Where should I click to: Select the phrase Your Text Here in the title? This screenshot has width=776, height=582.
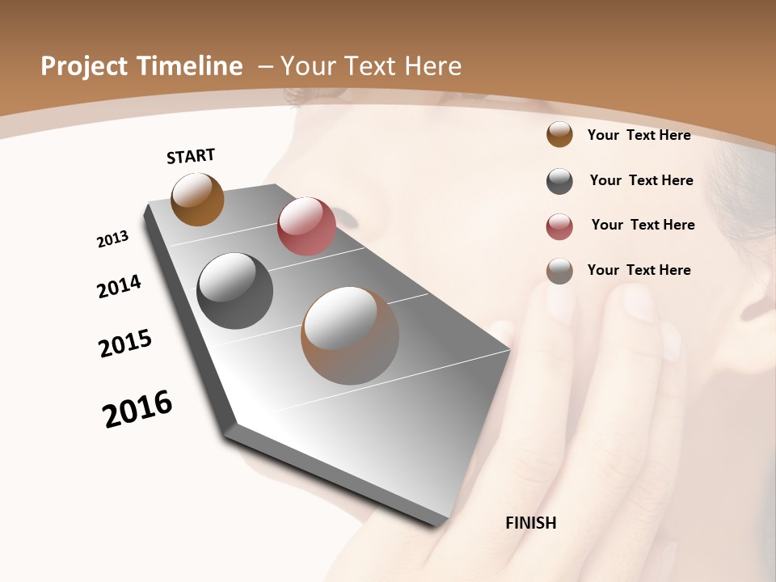click(371, 67)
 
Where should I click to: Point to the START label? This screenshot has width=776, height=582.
click(191, 156)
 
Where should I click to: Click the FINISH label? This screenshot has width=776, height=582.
click(530, 523)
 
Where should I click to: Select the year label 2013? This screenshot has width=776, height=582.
click(112, 239)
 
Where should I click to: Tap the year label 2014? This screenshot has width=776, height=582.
click(119, 287)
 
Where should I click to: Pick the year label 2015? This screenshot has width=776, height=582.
click(125, 344)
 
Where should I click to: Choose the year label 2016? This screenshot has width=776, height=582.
click(137, 409)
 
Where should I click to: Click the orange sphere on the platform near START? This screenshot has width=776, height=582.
click(197, 199)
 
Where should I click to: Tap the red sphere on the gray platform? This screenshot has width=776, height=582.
click(306, 226)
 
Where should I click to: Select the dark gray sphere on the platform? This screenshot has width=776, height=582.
click(235, 291)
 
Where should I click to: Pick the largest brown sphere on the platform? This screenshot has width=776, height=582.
click(350, 335)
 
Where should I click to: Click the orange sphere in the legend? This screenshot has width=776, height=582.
click(559, 135)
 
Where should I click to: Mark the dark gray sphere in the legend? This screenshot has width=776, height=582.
click(559, 181)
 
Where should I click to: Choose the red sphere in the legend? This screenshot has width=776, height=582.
click(559, 226)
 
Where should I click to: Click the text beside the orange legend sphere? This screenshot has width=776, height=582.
click(639, 135)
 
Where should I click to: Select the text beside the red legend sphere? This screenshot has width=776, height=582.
click(643, 225)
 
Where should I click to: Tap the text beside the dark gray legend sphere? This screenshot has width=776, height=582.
click(641, 180)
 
